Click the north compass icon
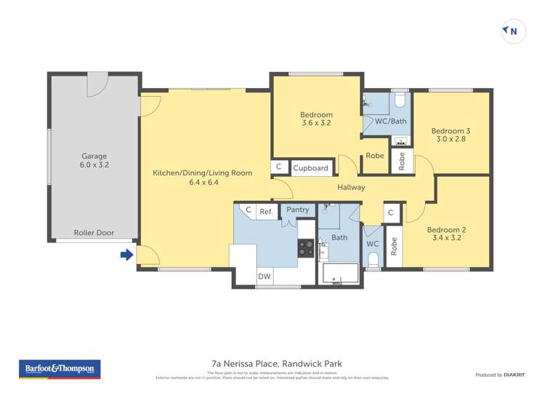point(513,31)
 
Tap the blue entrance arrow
point(126,255)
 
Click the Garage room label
point(94,161)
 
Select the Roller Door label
point(94,233)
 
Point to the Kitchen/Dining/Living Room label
point(202,178)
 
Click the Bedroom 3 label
point(453,135)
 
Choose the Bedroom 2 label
point(446,234)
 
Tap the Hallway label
point(351,188)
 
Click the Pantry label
point(298,210)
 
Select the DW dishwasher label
point(264,276)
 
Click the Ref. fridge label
point(267,212)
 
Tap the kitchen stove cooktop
point(306,248)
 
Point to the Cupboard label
point(310,168)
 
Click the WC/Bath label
point(390,121)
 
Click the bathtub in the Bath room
point(340,274)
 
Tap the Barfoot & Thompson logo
point(60,369)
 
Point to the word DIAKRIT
point(513,375)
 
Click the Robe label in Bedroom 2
point(393,247)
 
